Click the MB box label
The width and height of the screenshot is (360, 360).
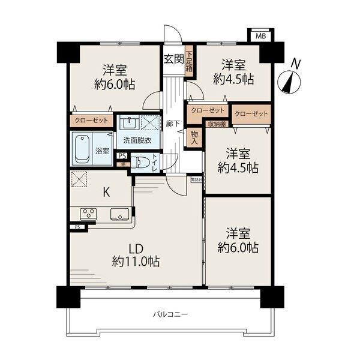[260, 36]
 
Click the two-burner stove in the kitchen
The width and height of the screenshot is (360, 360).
[88, 213]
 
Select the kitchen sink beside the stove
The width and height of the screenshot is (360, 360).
[117, 214]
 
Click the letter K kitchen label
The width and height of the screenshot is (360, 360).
[106, 192]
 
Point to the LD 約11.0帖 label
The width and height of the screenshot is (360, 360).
[136, 254]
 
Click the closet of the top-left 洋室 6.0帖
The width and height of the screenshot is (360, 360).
[91, 120]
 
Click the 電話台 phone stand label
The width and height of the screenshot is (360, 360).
[196, 179]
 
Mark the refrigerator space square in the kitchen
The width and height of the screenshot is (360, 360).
[79, 178]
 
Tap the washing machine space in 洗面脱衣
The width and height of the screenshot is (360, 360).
[148, 123]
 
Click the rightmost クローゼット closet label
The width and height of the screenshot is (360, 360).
[251, 113]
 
